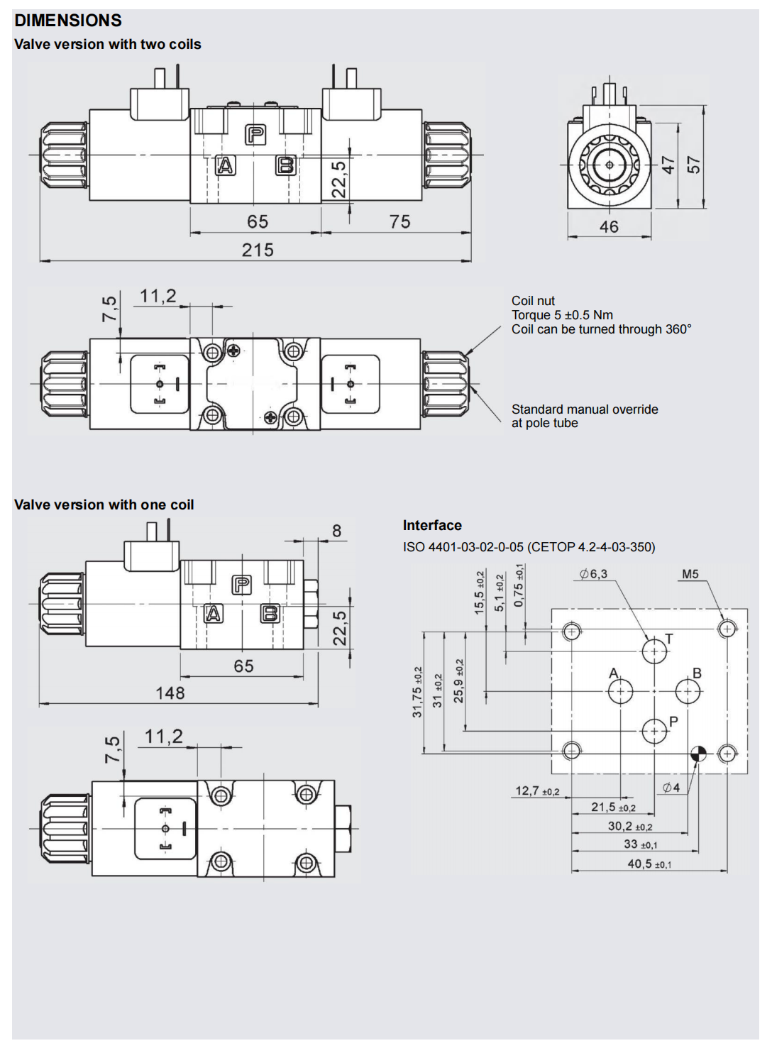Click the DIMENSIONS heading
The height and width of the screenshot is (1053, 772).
click(x=68, y=21)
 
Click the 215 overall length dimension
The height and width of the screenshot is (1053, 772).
click(x=258, y=250)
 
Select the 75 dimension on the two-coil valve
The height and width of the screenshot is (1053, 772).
click(x=399, y=222)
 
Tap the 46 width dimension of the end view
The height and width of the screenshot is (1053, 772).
click(x=609, y=227)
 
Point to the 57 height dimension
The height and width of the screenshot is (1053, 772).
click(x=693, y=165)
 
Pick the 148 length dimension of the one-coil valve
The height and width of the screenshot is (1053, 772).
click(x=170, y=693)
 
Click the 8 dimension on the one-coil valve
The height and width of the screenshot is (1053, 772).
click(x=336, y=531)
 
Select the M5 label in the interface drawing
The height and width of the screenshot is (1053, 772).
click(x=690, y=574)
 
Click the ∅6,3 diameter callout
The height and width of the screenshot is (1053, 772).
click(x=594, y=574)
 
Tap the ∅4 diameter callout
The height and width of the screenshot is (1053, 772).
click(x=671, y=788)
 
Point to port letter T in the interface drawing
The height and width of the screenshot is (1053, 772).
click(x=668, y=639)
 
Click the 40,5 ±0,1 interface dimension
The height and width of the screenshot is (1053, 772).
click(x=649, y=864)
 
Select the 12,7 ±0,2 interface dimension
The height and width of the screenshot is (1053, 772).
click(x=537, y=791)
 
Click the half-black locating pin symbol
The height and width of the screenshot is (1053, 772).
click(x=698, y=754)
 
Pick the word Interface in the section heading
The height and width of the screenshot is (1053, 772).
click(x=432, y=526)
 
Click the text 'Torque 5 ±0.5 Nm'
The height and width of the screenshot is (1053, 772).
click(x=562, y=315)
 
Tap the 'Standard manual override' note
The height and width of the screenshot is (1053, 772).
click(x=585, y=409)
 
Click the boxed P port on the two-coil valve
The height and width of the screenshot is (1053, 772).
click(x=255, y=134)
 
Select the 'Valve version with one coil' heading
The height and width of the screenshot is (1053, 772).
click(x=104, y=505)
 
